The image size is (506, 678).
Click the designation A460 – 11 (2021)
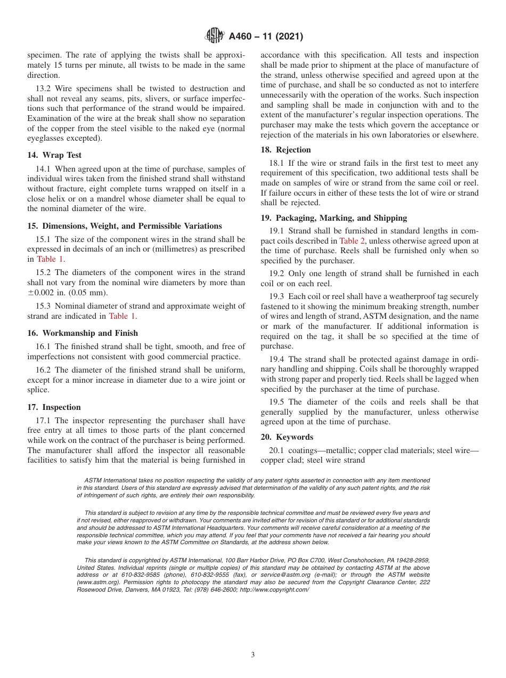click(266, 37)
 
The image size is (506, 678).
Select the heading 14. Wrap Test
click(54, 155)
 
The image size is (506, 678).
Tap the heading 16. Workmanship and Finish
click(82, 333)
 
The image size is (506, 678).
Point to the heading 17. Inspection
click(54, 407)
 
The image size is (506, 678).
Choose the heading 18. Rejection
click(285, 150)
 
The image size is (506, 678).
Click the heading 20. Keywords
click(287, 437)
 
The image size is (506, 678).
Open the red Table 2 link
click(352, 241)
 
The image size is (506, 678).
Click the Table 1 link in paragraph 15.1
click(50, 259)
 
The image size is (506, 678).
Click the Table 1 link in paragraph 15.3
click(123, 316)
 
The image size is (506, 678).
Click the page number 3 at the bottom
click(253, 655)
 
